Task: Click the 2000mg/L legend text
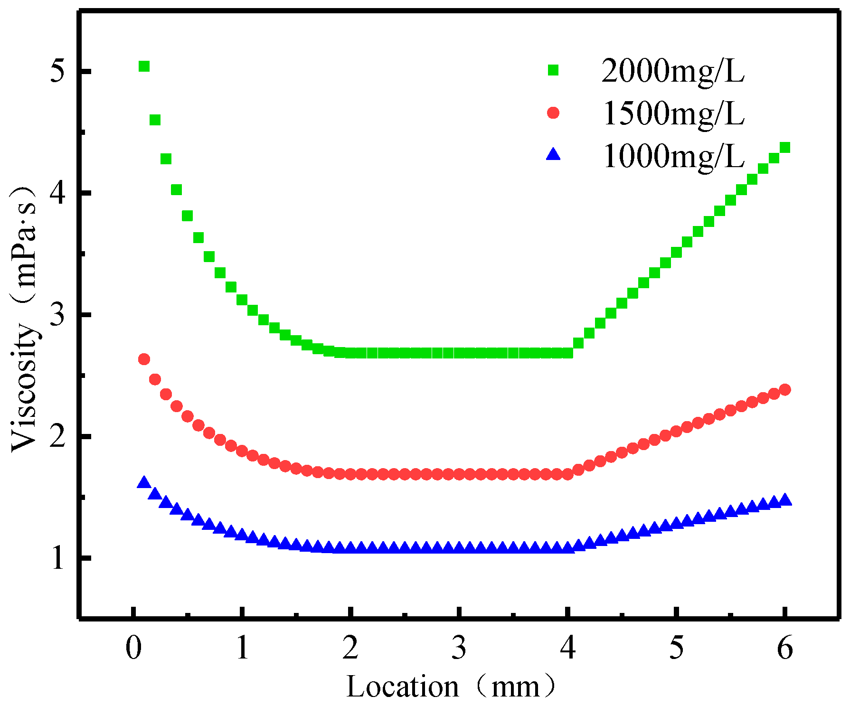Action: (672, 71)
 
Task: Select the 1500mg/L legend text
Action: (672, 114)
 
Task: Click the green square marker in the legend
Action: (553, 70)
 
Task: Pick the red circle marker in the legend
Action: (553, 113)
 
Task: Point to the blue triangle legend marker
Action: (553, 154)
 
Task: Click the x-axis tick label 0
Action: (134, 647)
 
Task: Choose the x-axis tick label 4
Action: (567, 647)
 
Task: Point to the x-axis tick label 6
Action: (784, 647)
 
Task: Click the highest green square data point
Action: (144, 66)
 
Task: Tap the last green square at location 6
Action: (785, 148)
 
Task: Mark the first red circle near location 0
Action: (144, 359)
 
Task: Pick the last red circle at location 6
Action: (785, 389)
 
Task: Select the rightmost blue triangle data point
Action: (785, 500)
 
